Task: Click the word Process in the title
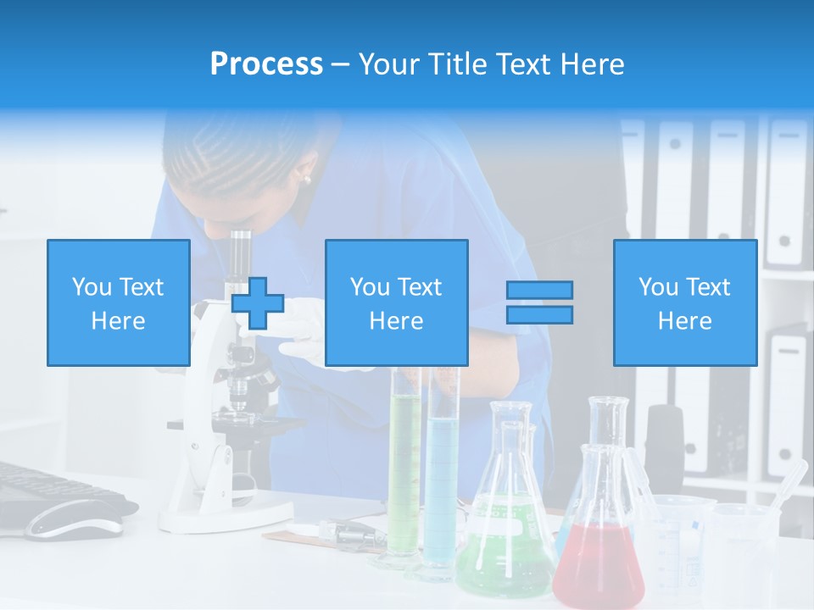pyautogui.click(x=266, y=64)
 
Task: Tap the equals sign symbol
pyautogui.click(x=539, y=302)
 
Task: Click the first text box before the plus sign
pyautogui.click(x=118, y=302)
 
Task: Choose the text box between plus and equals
pyautogui.click(x=396, y=302)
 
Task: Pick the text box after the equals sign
pyautogui.click(x=684, y=302)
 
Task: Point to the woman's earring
pyautogui.click(x=306, y=179)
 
